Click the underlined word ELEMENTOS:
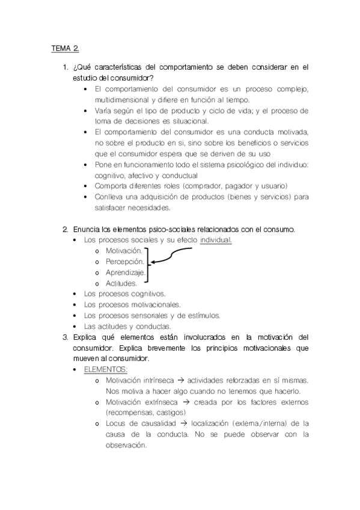[106, 369]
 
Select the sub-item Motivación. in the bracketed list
[124, 250]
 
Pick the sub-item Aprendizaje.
[126, 272]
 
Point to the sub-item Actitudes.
[121, 283]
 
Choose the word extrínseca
[163, 402]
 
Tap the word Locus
[115, 423]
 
